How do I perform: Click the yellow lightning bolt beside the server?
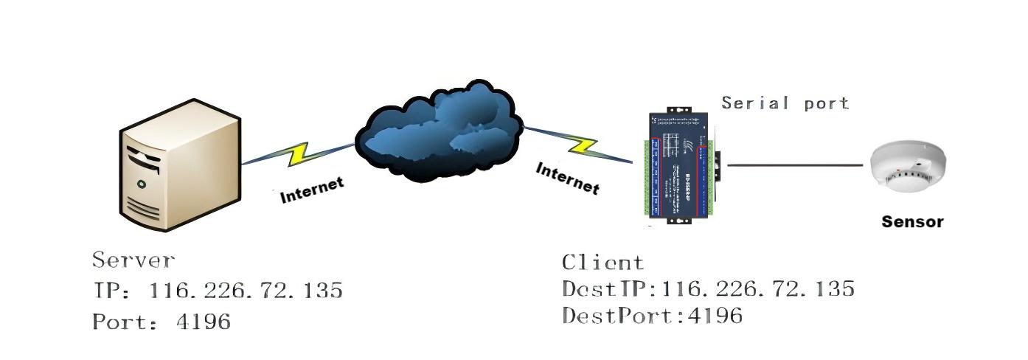[299, 153]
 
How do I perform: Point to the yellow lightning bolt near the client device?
[583, 145]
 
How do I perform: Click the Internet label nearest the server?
[312, 190]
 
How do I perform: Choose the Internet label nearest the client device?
[567, 179]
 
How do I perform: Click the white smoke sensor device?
[908, 168]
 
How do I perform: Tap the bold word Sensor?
[912, 221]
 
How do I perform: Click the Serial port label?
[785, 103]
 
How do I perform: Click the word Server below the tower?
[133, 260]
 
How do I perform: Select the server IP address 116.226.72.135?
[246, 290]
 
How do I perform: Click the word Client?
[602, 262]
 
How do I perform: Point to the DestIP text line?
[708, 288]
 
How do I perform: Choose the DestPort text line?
[652, 316]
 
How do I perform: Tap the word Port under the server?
[117, 321]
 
